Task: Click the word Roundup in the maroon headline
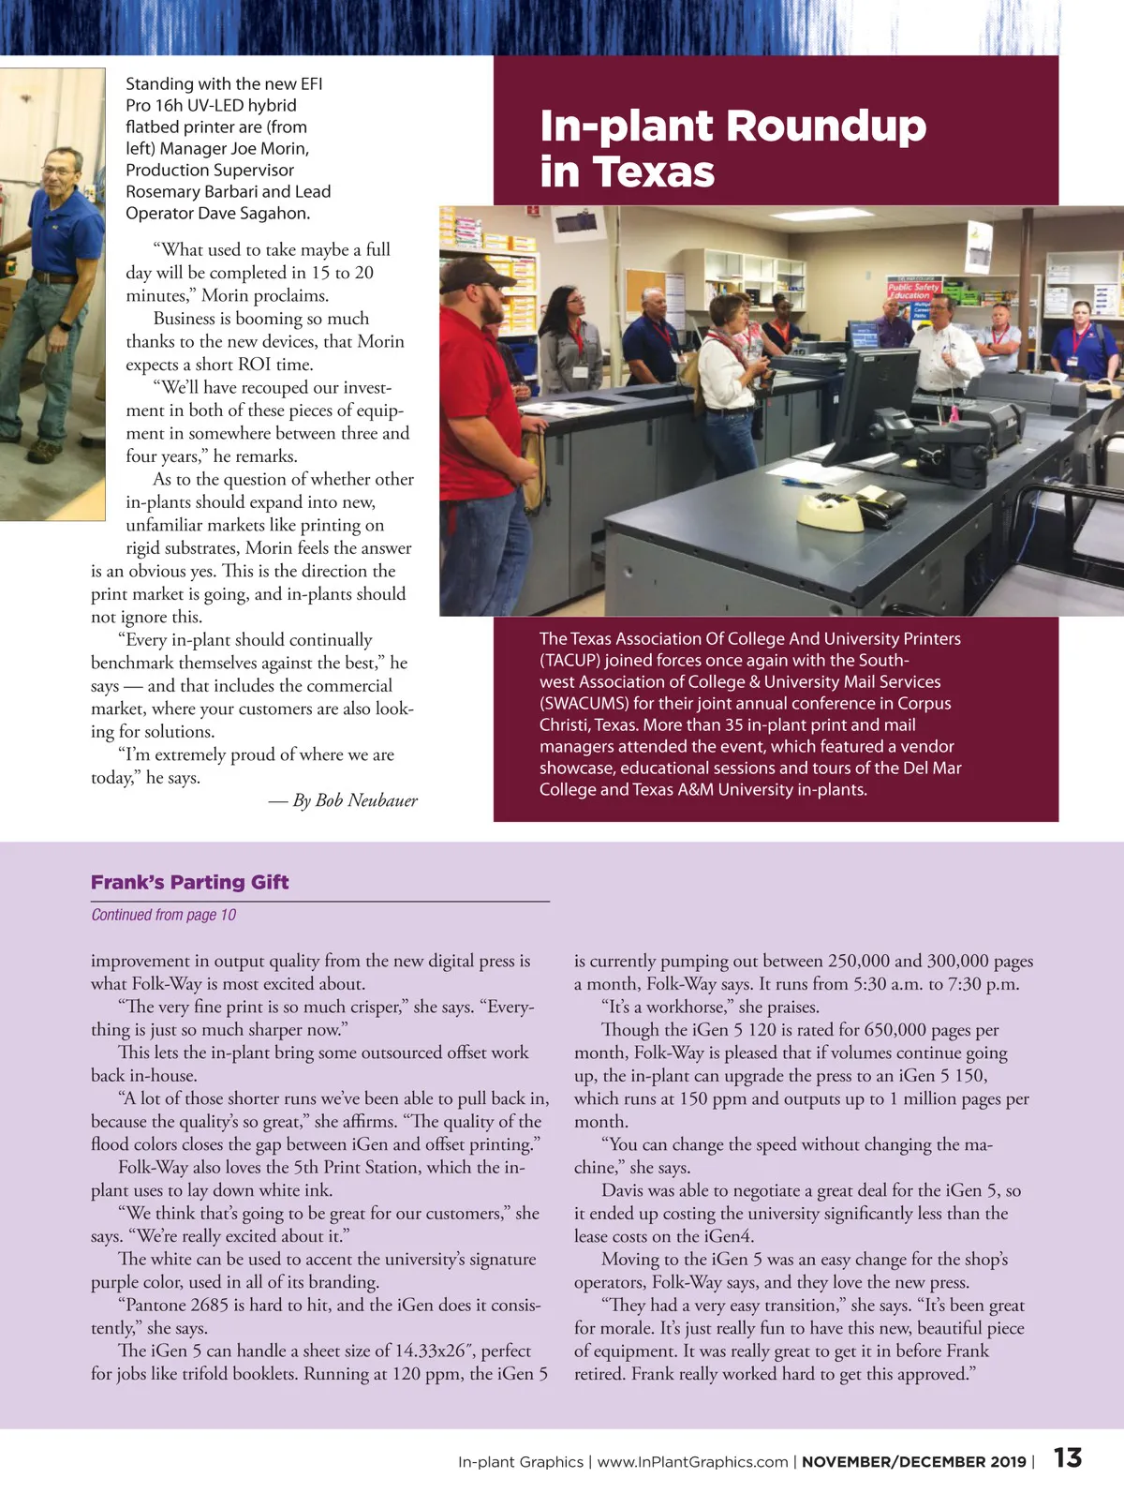pos(825,127)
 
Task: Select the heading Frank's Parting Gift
pos(189,882)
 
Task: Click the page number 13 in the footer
pos(1067,1458)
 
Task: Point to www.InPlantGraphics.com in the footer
pos(692,1462)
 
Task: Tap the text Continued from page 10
pos(163,915)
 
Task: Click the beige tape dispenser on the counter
pos(830,510)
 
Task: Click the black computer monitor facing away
pos(877,393)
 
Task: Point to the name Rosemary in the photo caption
pos(162,191)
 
